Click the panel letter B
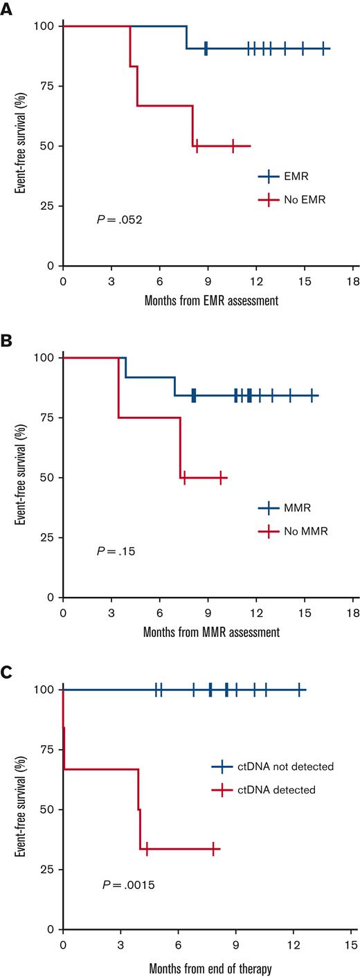click(6, 338)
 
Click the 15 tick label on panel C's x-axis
click(350, 943)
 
